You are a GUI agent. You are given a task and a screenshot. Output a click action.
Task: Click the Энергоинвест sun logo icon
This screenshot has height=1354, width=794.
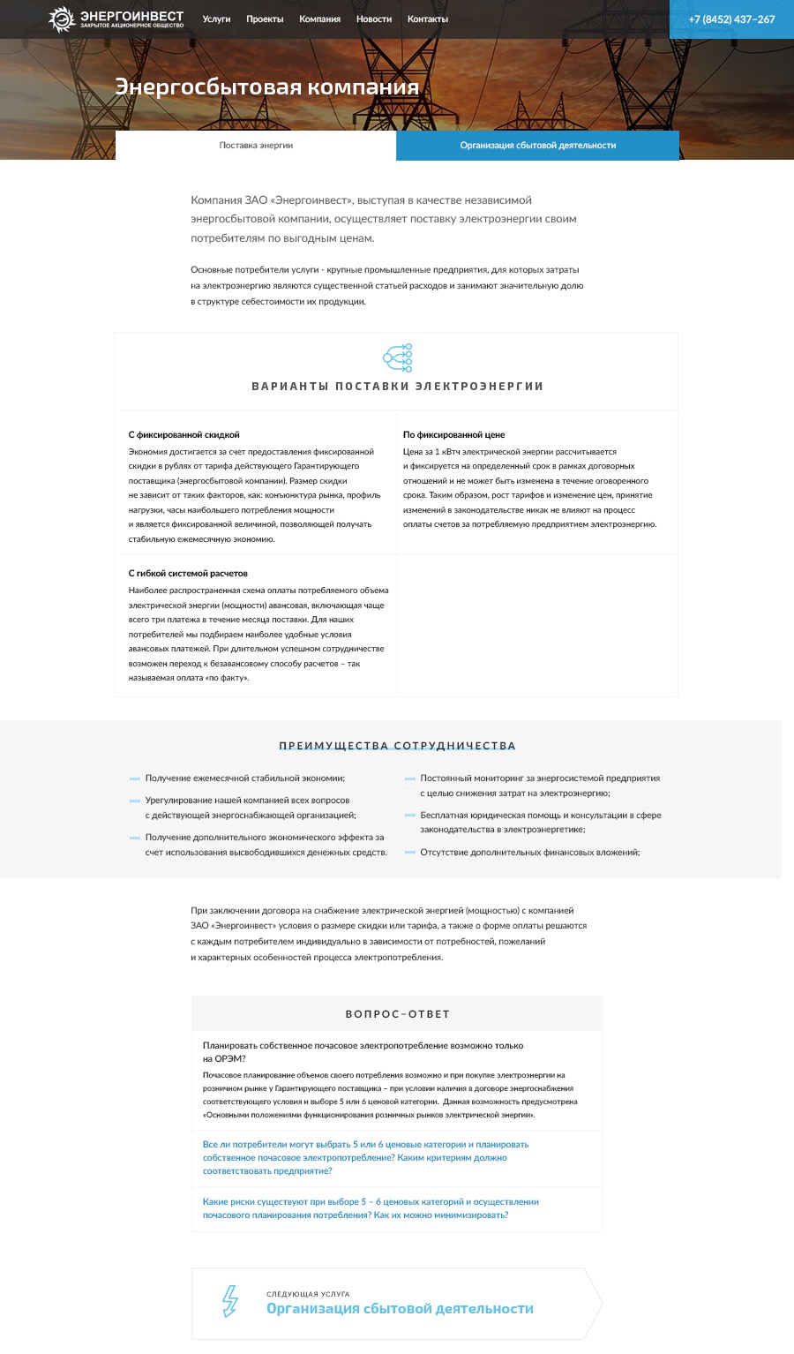click(x=62, y=19)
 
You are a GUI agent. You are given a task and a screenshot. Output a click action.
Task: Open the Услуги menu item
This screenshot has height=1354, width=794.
click(x=216, y=19)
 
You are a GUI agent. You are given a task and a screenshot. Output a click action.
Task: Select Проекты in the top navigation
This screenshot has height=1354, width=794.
click(x=265, y=19)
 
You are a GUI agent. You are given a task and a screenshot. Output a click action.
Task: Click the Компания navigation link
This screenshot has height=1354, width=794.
click(x=319, y=19)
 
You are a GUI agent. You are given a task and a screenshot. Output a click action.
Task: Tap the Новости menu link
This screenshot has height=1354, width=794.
click(x=374, y=19)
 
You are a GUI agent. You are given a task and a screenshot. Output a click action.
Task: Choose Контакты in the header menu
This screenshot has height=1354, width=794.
click(x=428, y=19)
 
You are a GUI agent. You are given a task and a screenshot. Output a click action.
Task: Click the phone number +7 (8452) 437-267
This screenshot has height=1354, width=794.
click(x=731, y=19)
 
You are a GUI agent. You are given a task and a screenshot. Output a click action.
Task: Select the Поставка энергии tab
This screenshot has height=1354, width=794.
click(x=256, y=146)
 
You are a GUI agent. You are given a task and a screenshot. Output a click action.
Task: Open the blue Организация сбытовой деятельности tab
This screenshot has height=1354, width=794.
click(x=537, y=146)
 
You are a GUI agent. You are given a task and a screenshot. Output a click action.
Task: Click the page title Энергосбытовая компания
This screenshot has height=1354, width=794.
click(x=266, y=87)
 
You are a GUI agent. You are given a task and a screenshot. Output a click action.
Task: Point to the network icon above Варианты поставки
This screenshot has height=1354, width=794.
click(x=397, y=357)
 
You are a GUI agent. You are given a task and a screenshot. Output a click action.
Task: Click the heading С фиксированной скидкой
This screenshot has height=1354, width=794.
click(x=184, y=435)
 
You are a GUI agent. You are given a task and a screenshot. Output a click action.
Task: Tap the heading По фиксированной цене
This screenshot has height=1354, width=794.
click(x=453, y=435)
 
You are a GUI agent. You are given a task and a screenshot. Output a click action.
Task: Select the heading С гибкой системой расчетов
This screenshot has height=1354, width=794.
click(x=188, y=574)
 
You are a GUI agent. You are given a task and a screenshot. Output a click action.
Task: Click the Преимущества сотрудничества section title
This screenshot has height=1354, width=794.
click(x=397, y=746)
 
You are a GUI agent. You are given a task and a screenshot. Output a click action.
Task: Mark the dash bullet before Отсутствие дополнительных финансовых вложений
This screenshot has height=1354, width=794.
click(x=411, y=853)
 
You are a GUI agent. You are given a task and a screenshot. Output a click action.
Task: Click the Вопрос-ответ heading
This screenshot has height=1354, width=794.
click(x=397, y=1014)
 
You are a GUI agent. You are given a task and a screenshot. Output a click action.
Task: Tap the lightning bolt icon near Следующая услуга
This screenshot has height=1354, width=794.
click(x=229, y=1301)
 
